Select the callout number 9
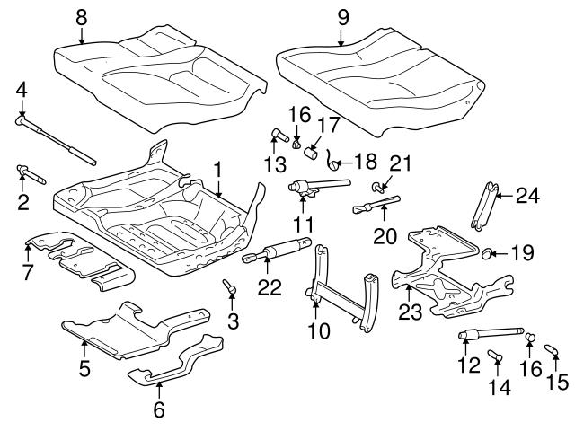(341, 15)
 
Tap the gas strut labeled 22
(283, 252)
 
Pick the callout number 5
(84, 367)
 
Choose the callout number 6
(160, 410)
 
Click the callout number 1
(217, 168)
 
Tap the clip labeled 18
(332, 162)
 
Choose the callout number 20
(385, 236)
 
